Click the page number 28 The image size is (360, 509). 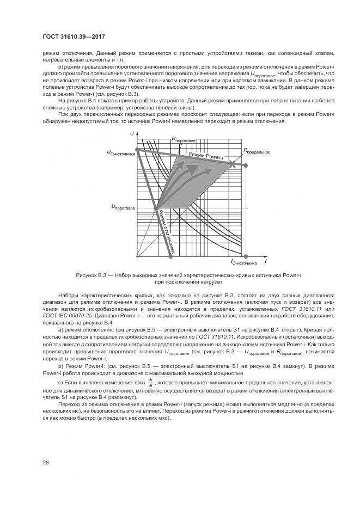point(46,462)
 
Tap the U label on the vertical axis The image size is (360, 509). point(132,133)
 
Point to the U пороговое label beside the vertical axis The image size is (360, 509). point(123,207)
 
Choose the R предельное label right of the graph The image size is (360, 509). point(257,151)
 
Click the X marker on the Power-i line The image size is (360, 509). point(233,163)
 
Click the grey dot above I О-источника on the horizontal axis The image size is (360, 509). point(246,255)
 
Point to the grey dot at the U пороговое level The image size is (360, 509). point(157,208)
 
